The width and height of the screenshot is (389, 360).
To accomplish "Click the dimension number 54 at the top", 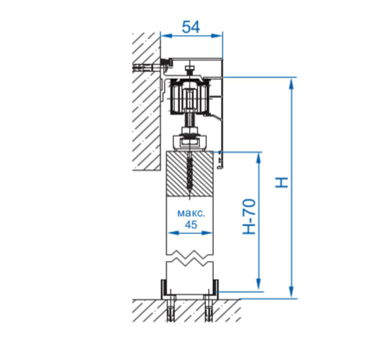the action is click(x=190, y=27).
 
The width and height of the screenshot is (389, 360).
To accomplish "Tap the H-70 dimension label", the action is click(x=249, y=217).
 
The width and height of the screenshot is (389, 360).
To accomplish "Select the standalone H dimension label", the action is click(x=281, y=183).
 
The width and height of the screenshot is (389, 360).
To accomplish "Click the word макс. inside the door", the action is click(x=191, y=213).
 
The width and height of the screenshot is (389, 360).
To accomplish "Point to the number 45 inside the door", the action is click(x=190, y=225).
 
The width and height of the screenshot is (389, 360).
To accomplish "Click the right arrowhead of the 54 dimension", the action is click(x=217, y=36).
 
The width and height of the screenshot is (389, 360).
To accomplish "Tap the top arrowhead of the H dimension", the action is click(x=292, y=83).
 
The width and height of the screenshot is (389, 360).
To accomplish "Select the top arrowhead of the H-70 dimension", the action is click(x=259, y=158).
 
